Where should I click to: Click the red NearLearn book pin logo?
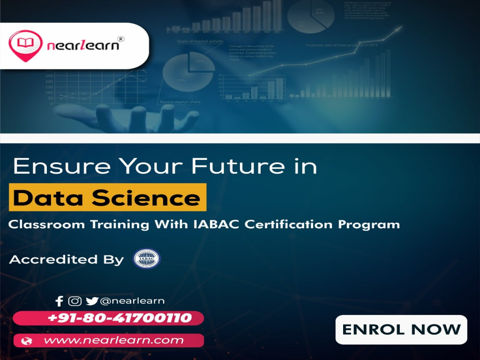(x=22, y=44)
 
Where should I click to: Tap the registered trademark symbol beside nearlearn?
(x=120, y=39)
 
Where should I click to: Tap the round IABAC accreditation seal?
(x=147, y=259)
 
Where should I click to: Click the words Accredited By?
(x=67, y=259)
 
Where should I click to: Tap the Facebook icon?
(x=59, y=301)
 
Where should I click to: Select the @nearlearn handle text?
(x=132, y=301)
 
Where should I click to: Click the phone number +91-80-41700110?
(x=120, y=318)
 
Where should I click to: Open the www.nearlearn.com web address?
(x=113, y=340)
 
